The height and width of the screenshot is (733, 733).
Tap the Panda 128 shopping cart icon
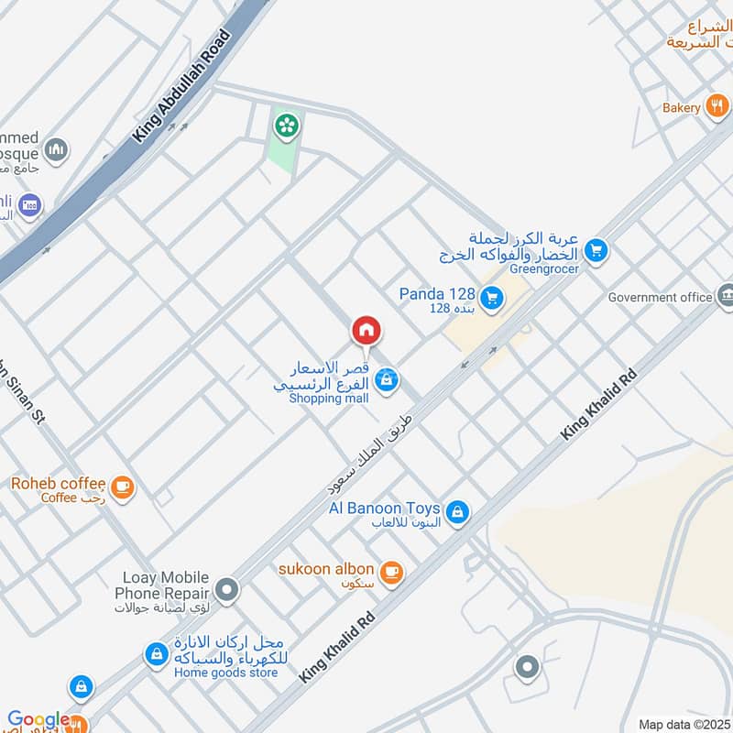point(493,297)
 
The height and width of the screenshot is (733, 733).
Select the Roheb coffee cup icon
point(122,487)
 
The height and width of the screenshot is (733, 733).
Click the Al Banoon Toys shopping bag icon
point(459,513)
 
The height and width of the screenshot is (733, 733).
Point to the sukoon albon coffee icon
point(391,573)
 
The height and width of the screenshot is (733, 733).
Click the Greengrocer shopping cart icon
point(596,249)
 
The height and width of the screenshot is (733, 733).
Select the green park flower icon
point(287,125)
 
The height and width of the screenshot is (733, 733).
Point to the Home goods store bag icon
point(157,654)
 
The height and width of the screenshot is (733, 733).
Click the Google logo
point(38,720)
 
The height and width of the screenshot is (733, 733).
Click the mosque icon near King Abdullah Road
point(57,149)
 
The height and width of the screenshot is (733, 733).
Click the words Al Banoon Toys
point(385,509)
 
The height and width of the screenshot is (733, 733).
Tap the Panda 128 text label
point(437,294)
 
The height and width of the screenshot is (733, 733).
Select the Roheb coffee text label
point(57,483)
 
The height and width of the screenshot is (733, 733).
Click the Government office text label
point(660,297)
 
